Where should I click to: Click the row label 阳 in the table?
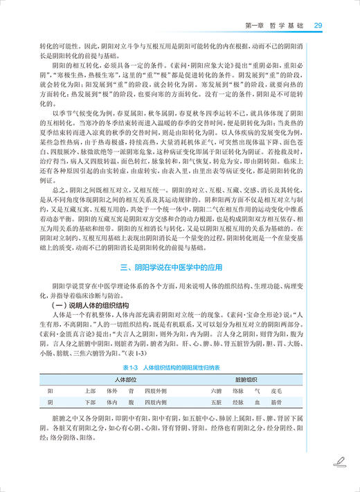click(50, 391)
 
